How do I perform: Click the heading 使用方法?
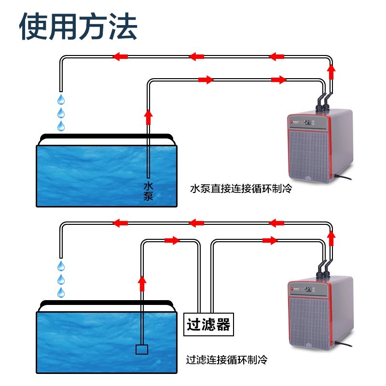(x=78, y=27)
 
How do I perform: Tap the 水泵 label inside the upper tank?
(x=148, y=191)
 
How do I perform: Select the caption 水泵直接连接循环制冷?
(x=241, y=189)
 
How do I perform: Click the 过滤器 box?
(x=208, y=324)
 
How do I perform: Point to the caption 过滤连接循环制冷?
(x=226, y=359)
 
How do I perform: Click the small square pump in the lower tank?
(x=142, y=349)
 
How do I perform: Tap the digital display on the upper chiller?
(x=308, y=122)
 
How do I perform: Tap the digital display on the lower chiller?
(x=308, y=289)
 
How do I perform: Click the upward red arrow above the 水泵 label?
(x=148, y=117)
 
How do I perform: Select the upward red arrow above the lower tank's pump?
(x=142, y=284)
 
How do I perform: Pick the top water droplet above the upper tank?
(x=61, y=99)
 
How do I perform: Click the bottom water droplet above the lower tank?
(x=61, y=292)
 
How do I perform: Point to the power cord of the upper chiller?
(x=342, y=177)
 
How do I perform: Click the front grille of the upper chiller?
(x=309, y=156)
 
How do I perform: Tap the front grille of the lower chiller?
(x=309, y=323)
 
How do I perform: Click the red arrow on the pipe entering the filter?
(x=172, y=240)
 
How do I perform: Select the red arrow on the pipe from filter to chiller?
(x=270, y=240)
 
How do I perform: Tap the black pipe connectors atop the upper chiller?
(x=323, y=103)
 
